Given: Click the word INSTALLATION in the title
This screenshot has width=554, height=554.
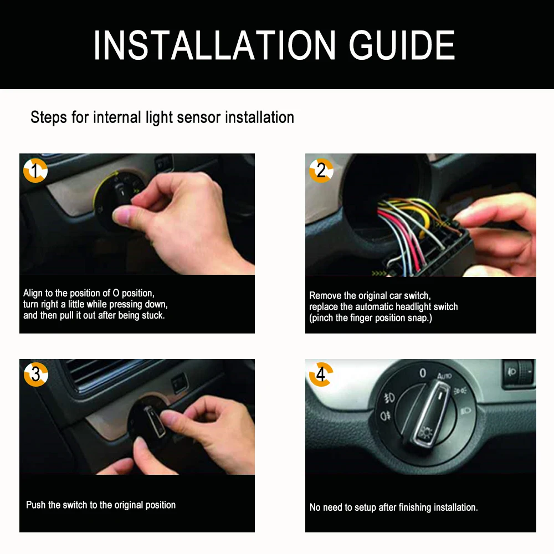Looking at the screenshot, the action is [x=214, y=45].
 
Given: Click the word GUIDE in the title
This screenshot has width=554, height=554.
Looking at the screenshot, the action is [x=402, y=45].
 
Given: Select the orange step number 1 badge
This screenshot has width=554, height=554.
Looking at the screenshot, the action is [x=35, y=171].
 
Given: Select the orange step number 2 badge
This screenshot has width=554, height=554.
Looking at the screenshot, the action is [x=321, y=171].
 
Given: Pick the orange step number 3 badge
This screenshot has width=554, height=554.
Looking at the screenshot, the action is [x=35, y=374].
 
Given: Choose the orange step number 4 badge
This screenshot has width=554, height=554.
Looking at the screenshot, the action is [x=321, y=374].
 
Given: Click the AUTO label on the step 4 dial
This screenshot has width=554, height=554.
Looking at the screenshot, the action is [x=444, y=376].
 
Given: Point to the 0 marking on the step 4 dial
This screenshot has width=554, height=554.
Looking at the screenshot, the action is [x=423, y=373].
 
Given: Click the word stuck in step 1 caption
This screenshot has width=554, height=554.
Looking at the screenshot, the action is [x=153, y=315].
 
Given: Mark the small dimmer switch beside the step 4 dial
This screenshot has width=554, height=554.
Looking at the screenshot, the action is [x=519, y=373].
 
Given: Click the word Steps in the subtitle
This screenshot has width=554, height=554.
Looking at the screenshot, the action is [x=49, y=117].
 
